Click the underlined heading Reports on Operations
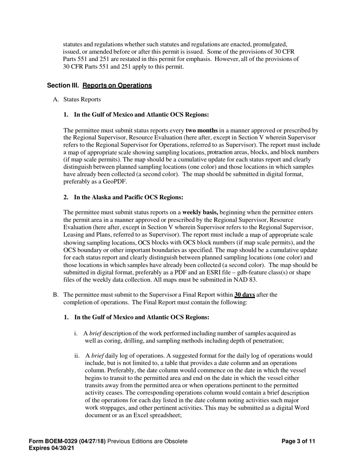117,86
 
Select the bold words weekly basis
200,213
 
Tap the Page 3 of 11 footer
298,441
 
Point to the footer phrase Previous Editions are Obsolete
147,441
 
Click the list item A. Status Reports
77,100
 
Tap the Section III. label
63,86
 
